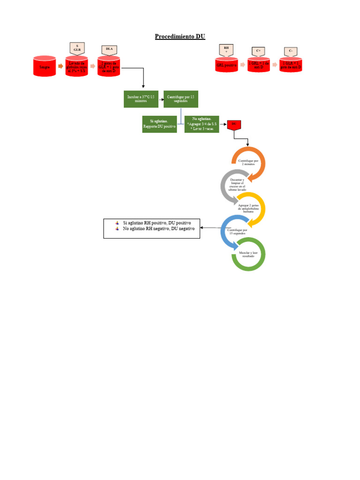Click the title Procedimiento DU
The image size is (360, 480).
180,37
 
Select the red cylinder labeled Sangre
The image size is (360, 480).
45,67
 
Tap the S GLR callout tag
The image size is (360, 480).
76,48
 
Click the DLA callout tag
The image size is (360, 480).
109,50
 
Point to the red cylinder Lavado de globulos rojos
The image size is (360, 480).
76,67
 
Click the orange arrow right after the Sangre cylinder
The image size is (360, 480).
60,67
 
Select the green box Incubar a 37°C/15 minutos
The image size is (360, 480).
141,99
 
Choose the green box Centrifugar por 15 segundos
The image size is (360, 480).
180,99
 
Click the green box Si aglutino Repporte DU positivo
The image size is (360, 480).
159,124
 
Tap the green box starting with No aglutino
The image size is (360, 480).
202,124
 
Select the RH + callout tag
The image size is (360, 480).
226,50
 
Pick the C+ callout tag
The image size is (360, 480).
258,51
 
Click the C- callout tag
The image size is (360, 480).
291,51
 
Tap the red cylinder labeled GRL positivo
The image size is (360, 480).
226,67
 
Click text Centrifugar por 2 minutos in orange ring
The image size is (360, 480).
248,163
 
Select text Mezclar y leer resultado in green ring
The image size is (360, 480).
248,254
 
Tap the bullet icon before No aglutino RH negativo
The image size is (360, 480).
117,229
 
